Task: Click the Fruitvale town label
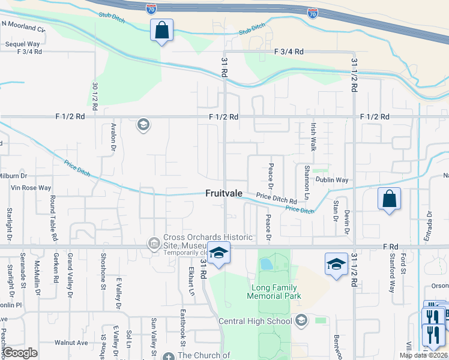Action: click(224, 194)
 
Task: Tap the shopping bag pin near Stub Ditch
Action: click(162, 31)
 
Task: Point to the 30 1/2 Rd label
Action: click(95, 95)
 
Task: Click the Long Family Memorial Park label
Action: click(276, 292)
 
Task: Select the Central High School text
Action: click(255, 321)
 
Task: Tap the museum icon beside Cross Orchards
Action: click(154, 243)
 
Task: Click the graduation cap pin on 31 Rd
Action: click(219, 254)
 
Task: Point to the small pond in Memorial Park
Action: click(266, 263)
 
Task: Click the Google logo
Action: click(20, 352)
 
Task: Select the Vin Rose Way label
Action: click(31, 188)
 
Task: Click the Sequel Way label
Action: click(22, 44)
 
